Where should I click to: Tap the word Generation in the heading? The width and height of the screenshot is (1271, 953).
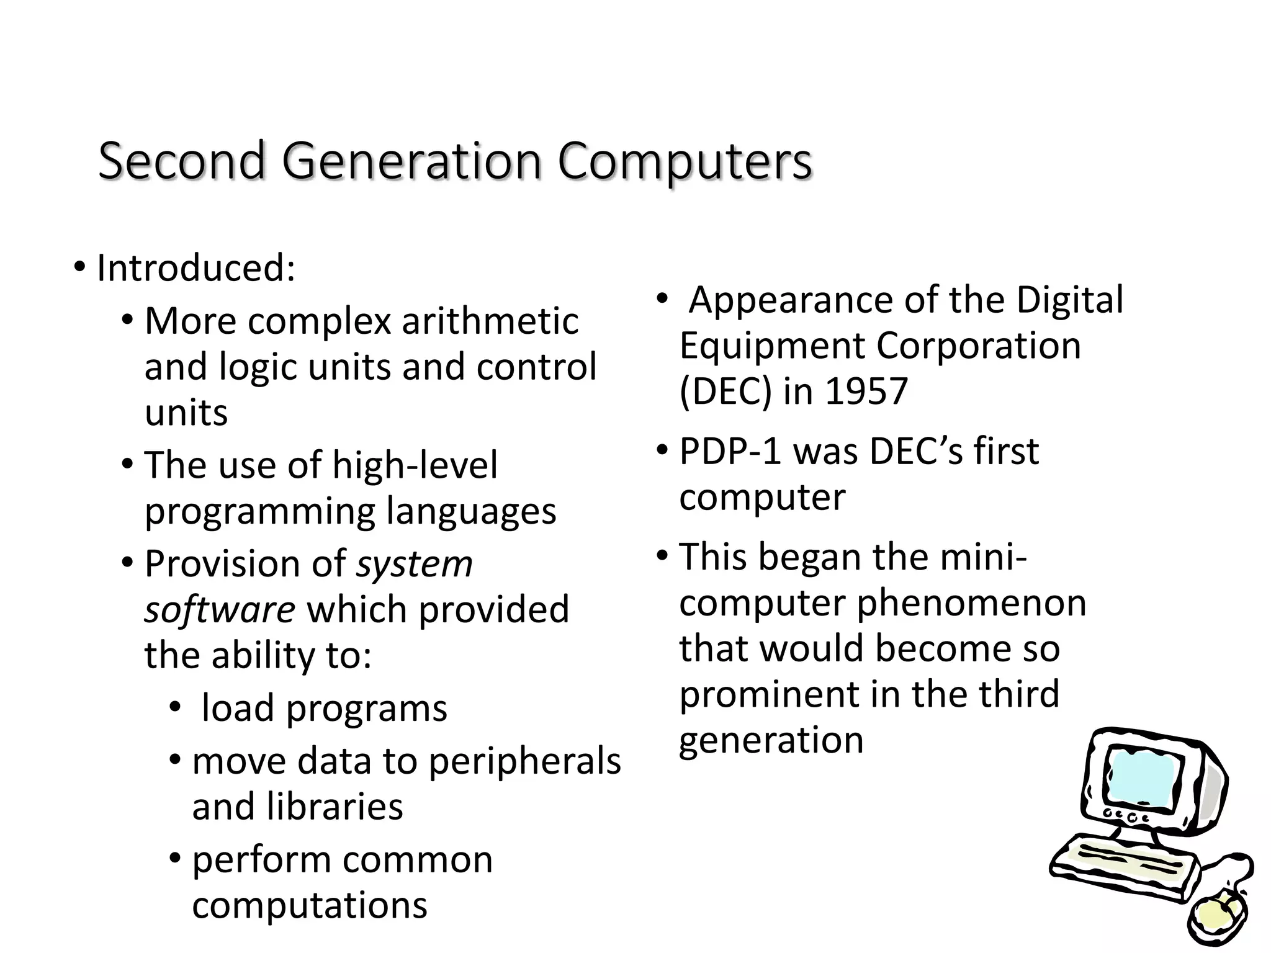(x=411, y=161)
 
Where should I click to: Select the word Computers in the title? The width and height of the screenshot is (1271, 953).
(x=685, y=161)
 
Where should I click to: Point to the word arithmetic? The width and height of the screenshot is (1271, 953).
(x=490, y=321)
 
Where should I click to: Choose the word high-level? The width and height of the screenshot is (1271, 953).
(x=415, y=465)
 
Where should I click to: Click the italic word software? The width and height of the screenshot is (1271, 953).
(x=220, y=609)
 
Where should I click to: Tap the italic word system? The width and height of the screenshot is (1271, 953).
(x=414, y=564)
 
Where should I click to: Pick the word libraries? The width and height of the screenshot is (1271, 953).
(x=335, y=807)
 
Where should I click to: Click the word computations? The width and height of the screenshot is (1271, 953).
(x=310, y=905)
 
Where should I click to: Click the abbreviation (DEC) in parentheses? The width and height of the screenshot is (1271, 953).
(x=727, y=391)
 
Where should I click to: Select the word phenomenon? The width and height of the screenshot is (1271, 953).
(x=971, y=602)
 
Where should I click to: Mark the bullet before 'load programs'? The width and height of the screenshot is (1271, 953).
(x=174, y=707)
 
